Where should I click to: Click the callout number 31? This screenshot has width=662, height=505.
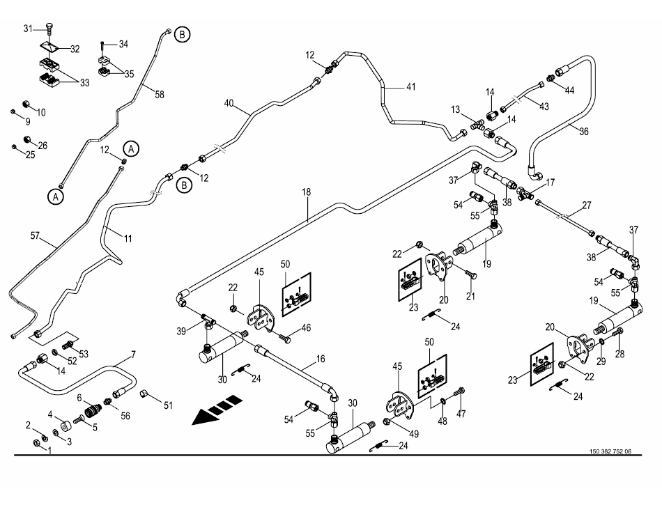pos(29,28)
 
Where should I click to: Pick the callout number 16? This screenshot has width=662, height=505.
pos(321,359)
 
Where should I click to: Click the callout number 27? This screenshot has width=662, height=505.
pos(587,205)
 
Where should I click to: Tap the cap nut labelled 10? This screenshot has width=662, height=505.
pos(26,105)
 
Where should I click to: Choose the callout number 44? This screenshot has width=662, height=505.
pos(569,91)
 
